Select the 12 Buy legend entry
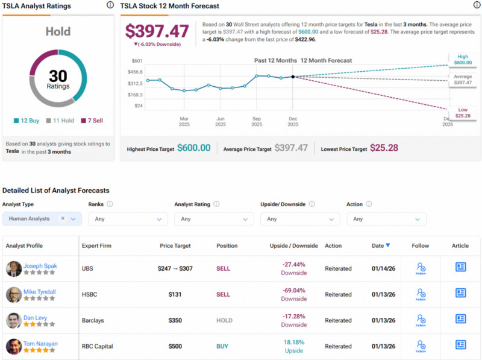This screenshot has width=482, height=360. point(27,121)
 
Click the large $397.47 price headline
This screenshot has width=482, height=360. point(156,31)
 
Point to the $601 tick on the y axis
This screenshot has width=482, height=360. point(137,60)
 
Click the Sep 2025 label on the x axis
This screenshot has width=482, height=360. point(257,122)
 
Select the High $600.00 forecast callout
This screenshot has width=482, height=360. point(463,59)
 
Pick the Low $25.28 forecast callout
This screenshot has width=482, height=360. point(463,112)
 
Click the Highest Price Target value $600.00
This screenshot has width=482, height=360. point(193,148)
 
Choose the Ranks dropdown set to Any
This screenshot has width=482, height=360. point(128,219)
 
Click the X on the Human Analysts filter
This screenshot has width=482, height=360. point(63,219)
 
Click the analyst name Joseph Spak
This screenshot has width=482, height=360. point(40,265)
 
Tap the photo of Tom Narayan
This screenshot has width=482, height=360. point(14,346)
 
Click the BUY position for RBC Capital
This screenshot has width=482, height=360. point(222,346)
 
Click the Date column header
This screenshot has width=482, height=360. point(380,245)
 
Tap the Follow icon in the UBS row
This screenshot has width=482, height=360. point(421,268)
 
